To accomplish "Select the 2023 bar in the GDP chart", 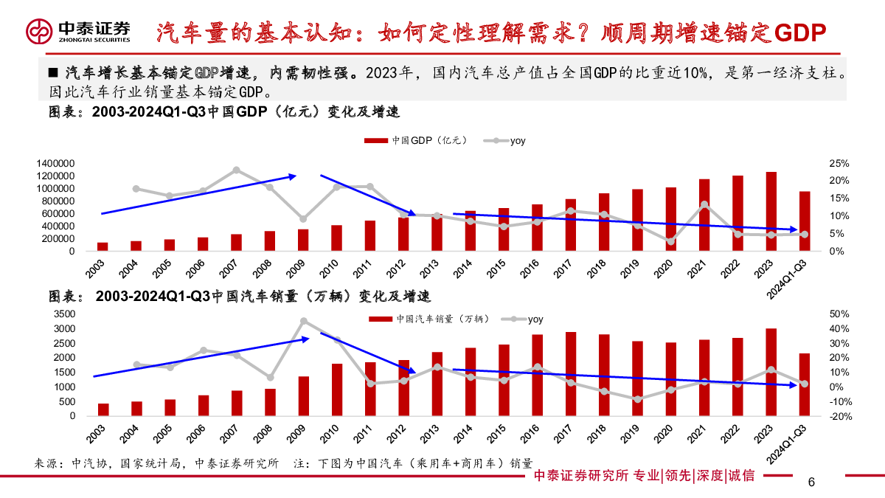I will (x=771, y=211).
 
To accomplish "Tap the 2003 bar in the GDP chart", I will (x=103, y=246).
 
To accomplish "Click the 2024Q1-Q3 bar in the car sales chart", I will (x=804, y=384).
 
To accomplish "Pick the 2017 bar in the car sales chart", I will (x=571, y=373).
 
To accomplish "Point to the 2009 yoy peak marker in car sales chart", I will (x=304, y=321).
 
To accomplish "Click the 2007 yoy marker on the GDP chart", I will (x=237, y=170).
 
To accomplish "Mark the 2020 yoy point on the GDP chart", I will (x=670, y=241).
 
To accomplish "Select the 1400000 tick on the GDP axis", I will (x=52, y=163).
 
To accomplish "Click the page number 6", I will (x=811, y=483).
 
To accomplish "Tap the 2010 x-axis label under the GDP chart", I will (x=328, y=269).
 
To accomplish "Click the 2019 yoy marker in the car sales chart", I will (x=638, y=399).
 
